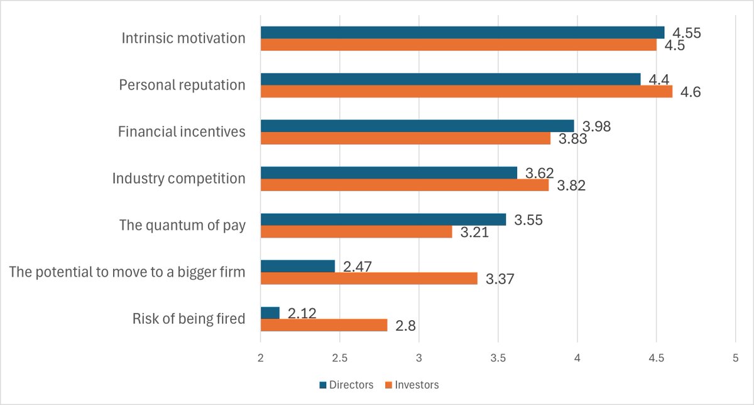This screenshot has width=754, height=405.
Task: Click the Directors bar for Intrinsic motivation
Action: [x=462, y=33]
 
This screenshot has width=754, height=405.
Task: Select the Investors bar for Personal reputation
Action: [x=466, y=91]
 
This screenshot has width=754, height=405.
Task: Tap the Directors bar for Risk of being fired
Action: [x=270, y=313]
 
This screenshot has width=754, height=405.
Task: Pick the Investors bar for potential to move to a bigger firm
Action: [x=369, y=278]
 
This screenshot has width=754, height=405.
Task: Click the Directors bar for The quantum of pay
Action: [x=383, y=219]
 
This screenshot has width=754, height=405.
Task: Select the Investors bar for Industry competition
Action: [x=405, y=185]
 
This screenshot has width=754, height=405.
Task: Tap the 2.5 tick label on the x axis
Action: [x=340, y=358]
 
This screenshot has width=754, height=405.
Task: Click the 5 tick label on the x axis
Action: [x=735, y=358]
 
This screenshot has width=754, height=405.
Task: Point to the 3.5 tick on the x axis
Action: [x=498, y=358]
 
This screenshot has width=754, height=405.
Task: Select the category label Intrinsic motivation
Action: [x=183, y=38]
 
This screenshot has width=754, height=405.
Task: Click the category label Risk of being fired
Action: [x=188, y=319]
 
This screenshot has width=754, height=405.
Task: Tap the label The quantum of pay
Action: [x=182, y=225]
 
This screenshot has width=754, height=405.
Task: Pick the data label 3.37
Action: [x=500, y=279]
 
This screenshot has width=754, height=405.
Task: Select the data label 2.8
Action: [x=406, y=326]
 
